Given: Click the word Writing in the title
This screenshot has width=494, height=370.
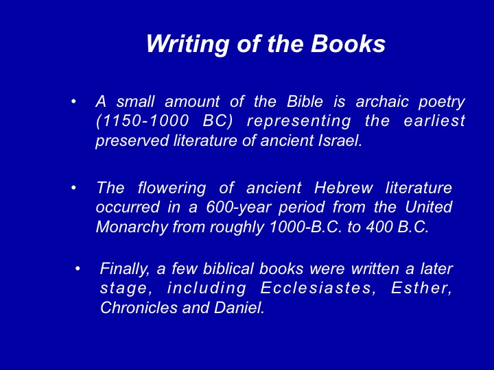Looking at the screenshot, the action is tap(188, 44).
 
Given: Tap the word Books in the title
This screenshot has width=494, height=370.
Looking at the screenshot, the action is tap(348, 43).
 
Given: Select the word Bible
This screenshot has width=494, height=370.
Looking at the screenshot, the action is tap(305, 101).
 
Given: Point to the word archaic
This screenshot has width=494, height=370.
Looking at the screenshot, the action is tap(382, 101).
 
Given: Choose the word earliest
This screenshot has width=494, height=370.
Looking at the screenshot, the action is tap(434, 121).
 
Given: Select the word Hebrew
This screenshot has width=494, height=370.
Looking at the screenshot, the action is tap(344, 188).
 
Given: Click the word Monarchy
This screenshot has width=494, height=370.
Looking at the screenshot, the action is tap(132, 227).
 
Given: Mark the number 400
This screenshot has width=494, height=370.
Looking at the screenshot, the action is tap(378, 227).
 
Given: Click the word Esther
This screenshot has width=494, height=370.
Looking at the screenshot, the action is tap(421, 288).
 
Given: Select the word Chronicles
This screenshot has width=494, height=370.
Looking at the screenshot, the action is tap(139, 308).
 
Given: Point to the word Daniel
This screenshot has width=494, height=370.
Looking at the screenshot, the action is tap(239, 308).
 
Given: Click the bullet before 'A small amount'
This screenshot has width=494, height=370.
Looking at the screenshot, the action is tap(73, 101).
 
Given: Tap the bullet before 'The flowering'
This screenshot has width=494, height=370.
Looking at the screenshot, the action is tap(73, 188).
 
